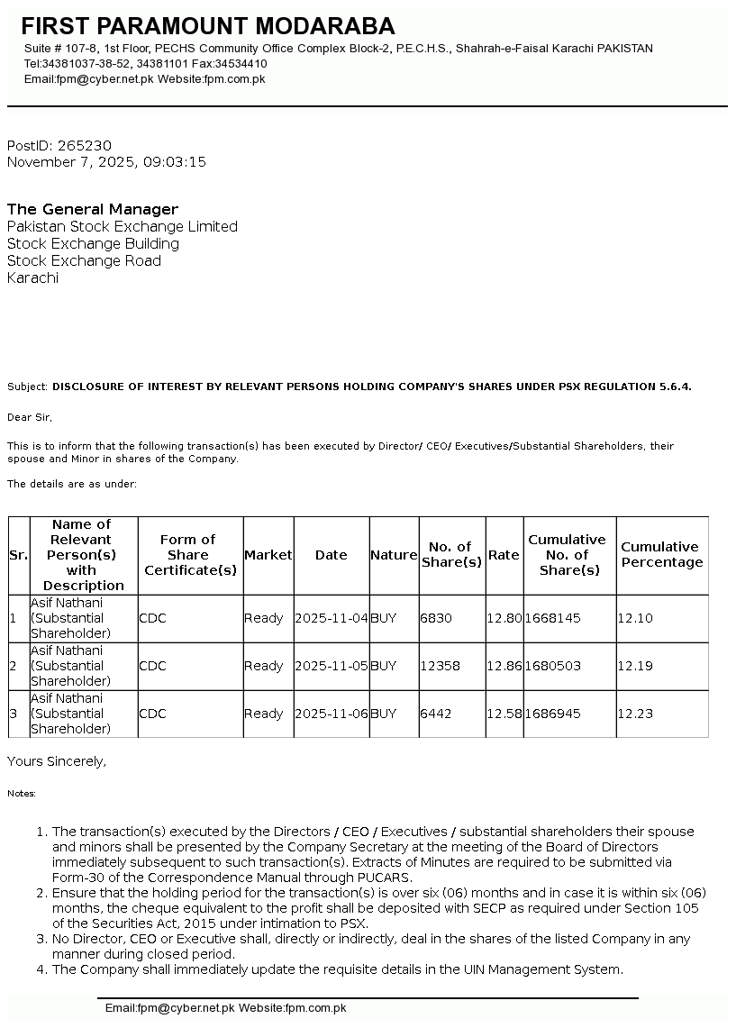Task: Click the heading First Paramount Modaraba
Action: (x=208, y=26)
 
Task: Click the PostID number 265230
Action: (x=84, y=146)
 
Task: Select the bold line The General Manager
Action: (x=93, y=210)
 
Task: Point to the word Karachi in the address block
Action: (x=32, y=278)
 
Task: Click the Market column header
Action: (x=268, y=555)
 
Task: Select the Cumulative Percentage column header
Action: (x=661, y=555)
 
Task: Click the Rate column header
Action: (x=504, y=555)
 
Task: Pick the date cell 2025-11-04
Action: (x=332, y=619)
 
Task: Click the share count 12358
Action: (x=440, y=667)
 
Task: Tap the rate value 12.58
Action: (x=504, y=714)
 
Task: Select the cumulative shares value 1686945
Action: (x=552, y=714)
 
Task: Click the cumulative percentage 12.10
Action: (x=635, y=619)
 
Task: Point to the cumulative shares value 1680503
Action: (x=552, y=667)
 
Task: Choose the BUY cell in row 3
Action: (x=383, y=714)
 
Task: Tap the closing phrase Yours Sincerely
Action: (x=57, y=762)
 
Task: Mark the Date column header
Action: (x=331, y=555)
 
